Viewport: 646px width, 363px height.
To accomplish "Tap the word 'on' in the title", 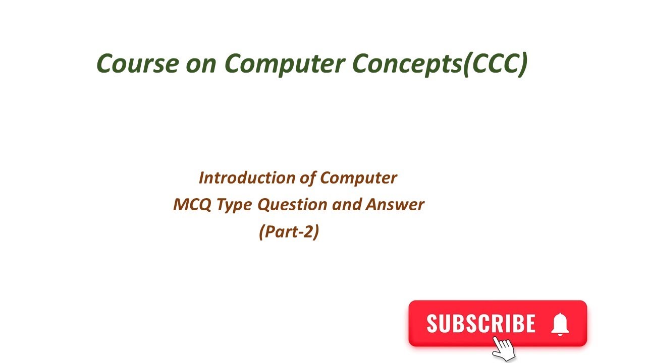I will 201,64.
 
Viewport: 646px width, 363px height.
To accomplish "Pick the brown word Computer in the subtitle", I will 359,177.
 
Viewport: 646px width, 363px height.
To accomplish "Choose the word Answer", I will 395,205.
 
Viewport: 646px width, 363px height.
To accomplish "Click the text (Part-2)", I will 289,231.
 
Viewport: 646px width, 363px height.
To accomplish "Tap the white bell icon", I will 560,324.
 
